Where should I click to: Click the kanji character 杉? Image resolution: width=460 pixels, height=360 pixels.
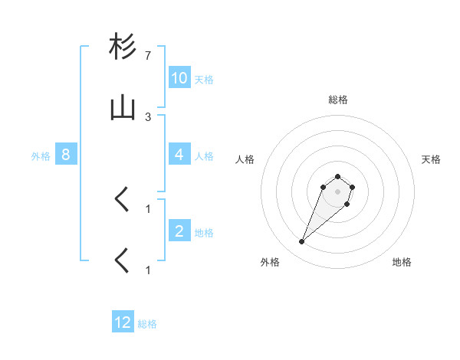point(123,47)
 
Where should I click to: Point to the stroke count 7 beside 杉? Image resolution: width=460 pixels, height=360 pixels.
point(148,57)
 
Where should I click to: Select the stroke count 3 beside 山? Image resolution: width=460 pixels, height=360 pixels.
point(148,117)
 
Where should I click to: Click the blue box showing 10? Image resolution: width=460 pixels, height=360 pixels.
point(179,78)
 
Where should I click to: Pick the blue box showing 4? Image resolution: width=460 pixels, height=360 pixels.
point(179,155)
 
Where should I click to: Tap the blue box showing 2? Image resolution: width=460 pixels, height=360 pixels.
point(179,231)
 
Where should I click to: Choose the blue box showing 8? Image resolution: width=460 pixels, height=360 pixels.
point(66,155)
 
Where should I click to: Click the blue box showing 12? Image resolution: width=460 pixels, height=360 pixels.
point(123,322)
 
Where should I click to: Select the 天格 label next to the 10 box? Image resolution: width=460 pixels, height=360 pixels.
point(204,79)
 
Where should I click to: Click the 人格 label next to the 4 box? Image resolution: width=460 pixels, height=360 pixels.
point(204,155)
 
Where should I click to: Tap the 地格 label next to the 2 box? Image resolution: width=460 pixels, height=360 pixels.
point(204,232)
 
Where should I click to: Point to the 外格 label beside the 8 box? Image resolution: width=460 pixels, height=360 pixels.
point(41,155)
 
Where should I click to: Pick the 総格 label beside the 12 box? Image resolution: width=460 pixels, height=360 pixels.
point(147,323)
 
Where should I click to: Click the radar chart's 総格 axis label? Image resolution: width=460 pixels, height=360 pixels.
point(338,100)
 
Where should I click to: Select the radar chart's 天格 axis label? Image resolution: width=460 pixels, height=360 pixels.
point(432,159)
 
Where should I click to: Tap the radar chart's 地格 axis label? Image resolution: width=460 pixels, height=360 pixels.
point(402,262)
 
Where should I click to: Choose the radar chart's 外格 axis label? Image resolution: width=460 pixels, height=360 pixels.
point(270,262)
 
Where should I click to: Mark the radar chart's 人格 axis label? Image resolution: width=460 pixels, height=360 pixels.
point(245,159)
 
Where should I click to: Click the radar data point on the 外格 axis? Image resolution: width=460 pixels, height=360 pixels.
point(302,242)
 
